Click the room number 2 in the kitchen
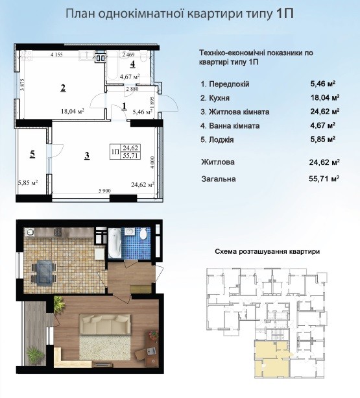coord(63,88)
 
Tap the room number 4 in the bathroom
coord(132,64)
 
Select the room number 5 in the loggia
coord(32,154)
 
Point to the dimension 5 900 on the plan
coord(104,191)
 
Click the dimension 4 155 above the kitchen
coord(57,55)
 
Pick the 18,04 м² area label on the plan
coord(73,111)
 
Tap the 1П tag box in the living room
coord(125,152)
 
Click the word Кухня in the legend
coord(219,98)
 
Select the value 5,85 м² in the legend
coord(323,140)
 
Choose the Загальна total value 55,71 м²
coord(324,179)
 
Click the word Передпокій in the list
coord(229,84)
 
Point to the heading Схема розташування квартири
coord(267,251)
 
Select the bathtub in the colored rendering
coord(115,243)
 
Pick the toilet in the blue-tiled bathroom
coord(143,234)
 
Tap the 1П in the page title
coord(284,14)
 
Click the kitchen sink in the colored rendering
coord(30,232)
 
